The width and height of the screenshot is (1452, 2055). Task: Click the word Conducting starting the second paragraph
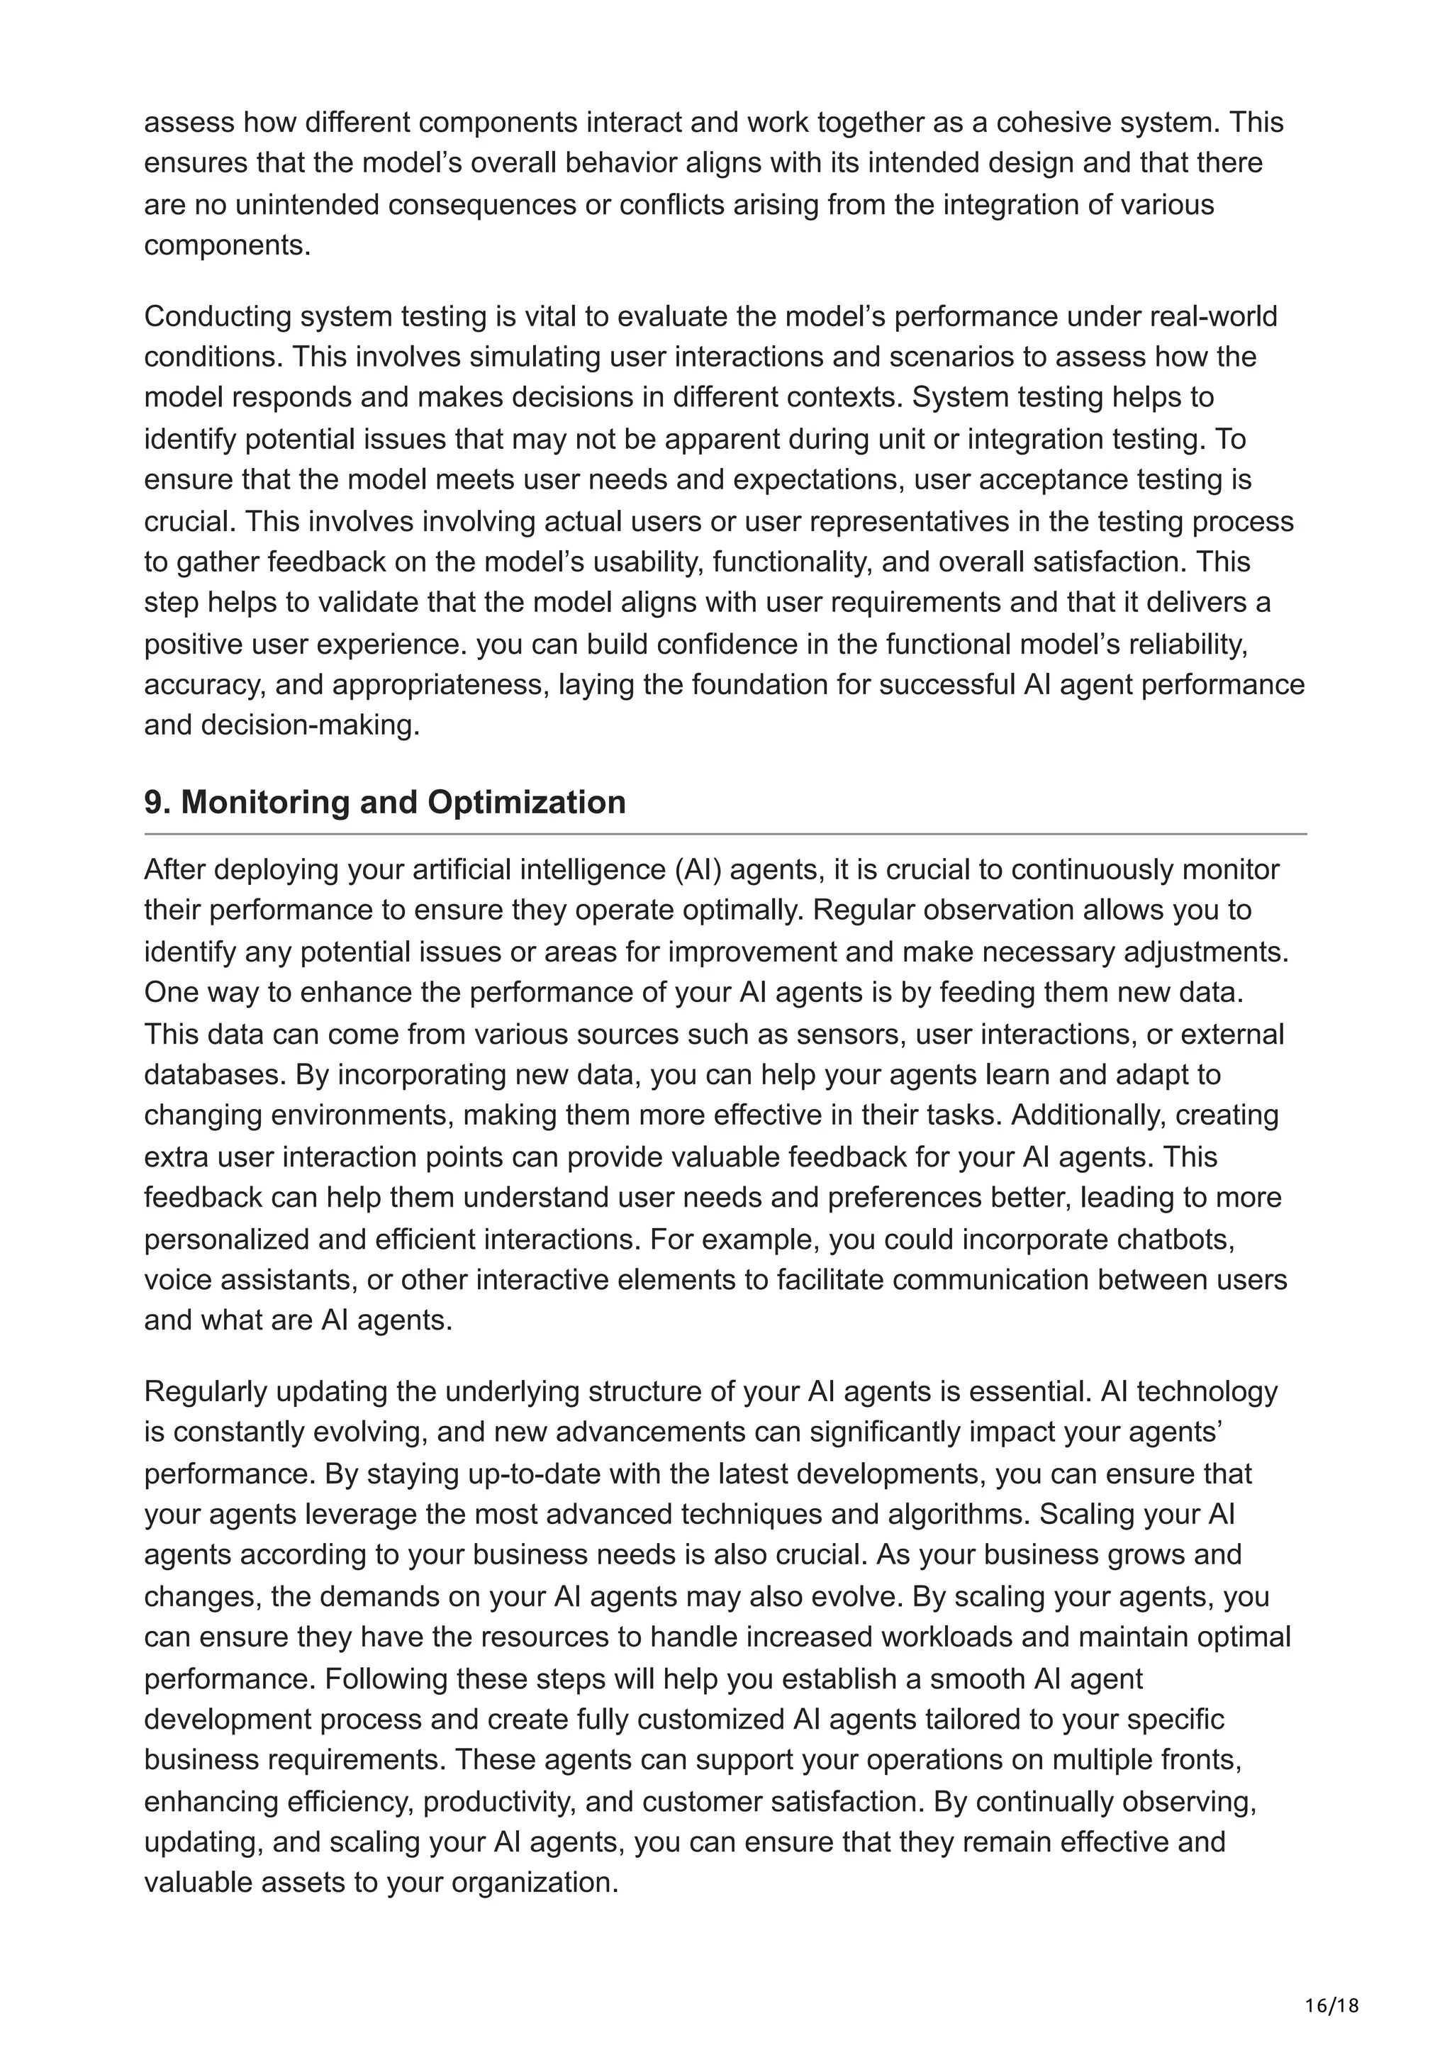point(218,316)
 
